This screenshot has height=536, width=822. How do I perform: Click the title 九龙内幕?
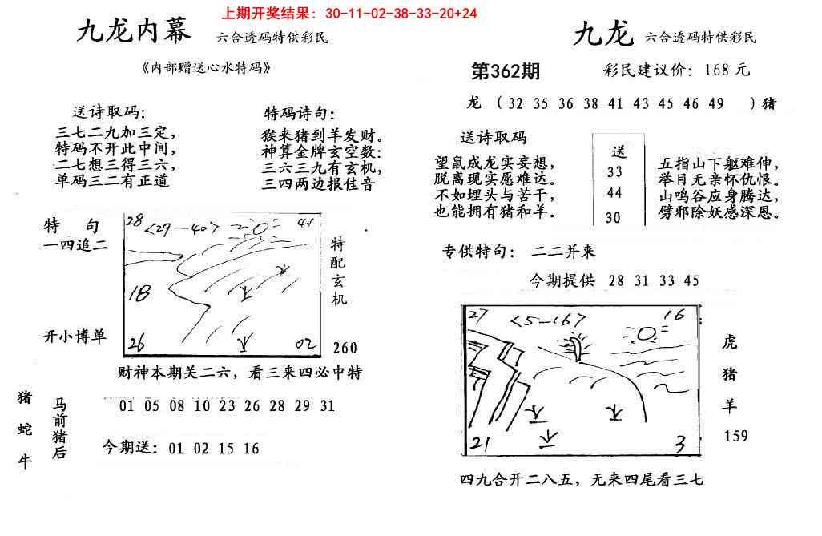tap(134, 33)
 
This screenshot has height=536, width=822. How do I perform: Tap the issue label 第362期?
tap(505, 71)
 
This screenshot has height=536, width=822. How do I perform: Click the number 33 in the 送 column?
tap(615, 171)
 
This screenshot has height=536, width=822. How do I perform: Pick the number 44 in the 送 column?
tap(615, 193)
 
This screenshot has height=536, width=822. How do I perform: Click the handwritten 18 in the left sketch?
tap(141, 293)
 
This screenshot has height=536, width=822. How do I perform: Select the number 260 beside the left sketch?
tap(345, 348)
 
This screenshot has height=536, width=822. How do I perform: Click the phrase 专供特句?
tap(477, 252)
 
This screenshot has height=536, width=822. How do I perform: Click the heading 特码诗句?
tap(300, 114)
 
